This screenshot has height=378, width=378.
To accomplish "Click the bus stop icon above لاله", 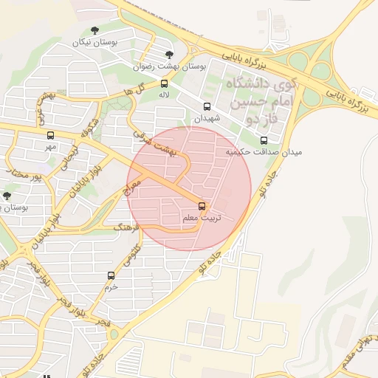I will [x=164, y=83].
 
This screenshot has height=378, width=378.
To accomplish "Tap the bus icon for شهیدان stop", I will [x=207, y=106].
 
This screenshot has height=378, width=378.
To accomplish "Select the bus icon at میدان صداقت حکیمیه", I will [x=264, y=140].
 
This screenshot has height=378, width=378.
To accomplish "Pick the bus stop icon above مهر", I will [x=50, y=135].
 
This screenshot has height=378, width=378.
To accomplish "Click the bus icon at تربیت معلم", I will [x=202, y=206].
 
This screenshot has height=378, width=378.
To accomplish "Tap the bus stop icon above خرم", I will [x=111, y=275].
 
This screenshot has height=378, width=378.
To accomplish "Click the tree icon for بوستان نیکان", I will [x=94, y=30].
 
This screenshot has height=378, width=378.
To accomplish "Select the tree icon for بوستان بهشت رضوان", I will [x=169, y=55].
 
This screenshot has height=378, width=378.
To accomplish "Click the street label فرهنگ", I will [x=125, y=228].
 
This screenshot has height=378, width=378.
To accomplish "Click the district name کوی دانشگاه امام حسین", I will [x=259, y=92].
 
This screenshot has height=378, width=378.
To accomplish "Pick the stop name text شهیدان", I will [x=207, y=118].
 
